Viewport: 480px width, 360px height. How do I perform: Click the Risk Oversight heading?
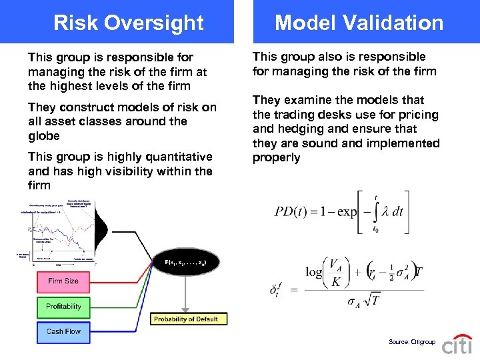(128, 23)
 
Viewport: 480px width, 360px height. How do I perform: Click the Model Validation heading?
(359, 23)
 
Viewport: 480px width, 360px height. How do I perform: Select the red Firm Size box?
(63, 281)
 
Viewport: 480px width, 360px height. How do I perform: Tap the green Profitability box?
(63, 307)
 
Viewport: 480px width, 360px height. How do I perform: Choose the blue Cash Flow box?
(63, 331)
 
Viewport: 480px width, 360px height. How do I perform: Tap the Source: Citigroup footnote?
(411, 342)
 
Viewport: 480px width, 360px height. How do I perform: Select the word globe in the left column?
(44, 136)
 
